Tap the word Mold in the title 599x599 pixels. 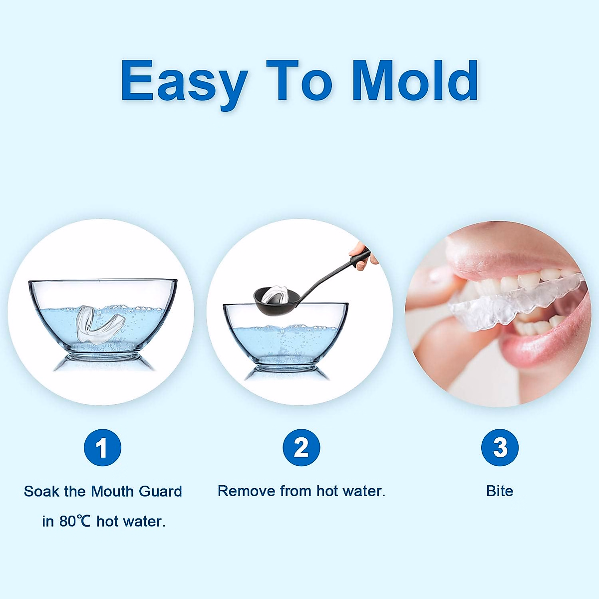[x=415, y=80]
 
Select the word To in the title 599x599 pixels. [x=299, y=80]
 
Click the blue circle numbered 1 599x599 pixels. [x=103, y=448]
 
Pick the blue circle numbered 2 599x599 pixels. [x=301, y=448]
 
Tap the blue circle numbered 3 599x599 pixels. [x=500, y=448]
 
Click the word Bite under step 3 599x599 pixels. [x=500, y=491]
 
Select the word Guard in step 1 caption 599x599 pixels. [x=160, y=491]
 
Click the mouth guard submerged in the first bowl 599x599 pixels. [x=99, y=324]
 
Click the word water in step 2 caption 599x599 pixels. [x=364, y=491]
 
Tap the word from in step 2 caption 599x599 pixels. [x=296, y=491]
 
